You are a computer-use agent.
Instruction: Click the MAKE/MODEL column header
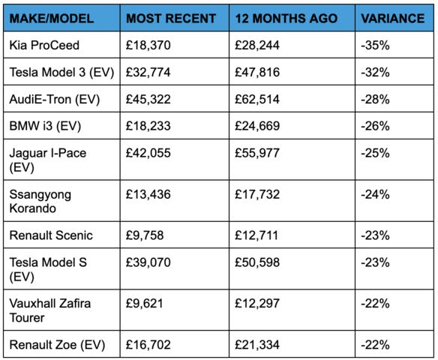[x=52, y=19]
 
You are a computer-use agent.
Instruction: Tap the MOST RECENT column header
[x=171, y=19]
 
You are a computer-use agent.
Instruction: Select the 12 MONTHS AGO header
[x=286, y=19]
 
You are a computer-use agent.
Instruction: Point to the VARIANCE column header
[x=393, y=19]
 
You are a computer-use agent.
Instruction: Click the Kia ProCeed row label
[x=44, y=45]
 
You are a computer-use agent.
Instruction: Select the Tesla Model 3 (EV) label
[x=61, y=72]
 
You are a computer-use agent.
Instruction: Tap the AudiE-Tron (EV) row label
[x=55, y=100]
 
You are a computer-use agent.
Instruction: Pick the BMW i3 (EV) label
[x=45, y=126]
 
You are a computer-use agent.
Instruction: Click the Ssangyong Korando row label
[x=40, y=201]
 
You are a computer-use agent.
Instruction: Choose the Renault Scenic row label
[x=51, y=235]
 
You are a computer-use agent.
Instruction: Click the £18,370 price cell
[x=148, y=45]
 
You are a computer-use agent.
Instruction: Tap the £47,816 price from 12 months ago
[x=257, y=72]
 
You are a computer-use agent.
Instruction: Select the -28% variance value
[x=375, y=100]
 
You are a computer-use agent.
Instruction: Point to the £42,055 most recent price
[x=148, y=153]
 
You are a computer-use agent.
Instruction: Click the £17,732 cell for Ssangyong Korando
[x=257, y=194]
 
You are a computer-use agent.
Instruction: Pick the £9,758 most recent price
[x=145, y=235]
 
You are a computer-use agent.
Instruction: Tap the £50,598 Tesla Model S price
[x=257, y=262]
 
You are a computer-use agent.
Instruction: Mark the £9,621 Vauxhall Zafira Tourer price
[x=145, y=304]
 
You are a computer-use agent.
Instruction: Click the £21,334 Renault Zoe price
[x=257, y=345]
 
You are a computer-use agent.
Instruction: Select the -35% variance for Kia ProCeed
[x=375, y=45]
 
